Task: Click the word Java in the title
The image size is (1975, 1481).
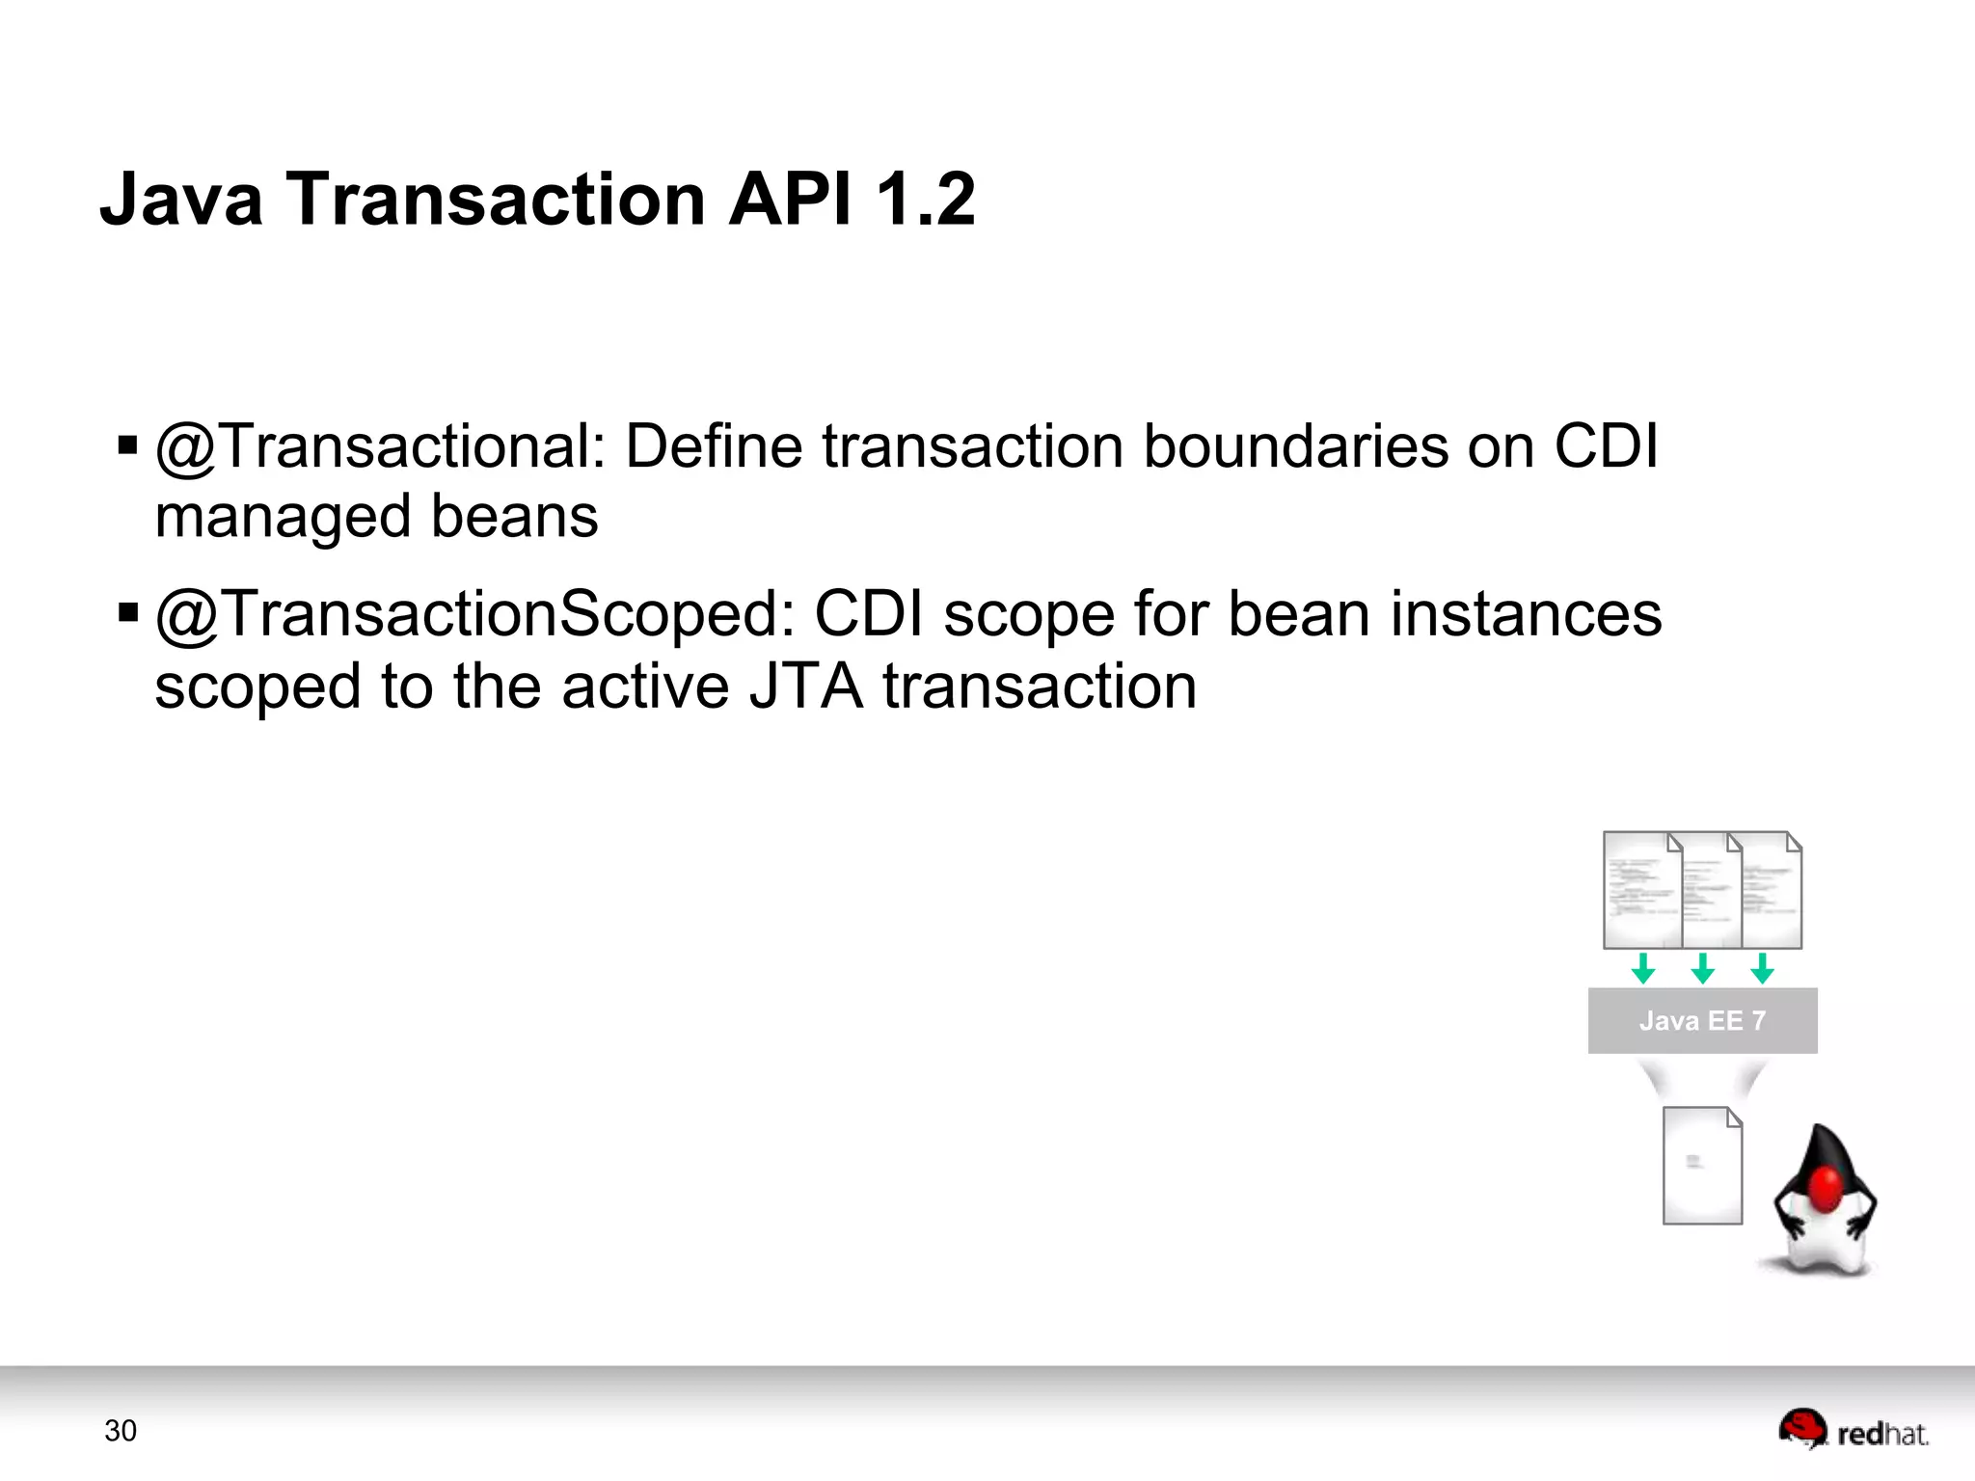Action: point(181,200)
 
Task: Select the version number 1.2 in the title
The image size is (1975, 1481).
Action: point(925,200)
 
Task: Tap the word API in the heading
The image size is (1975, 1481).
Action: point(790,200)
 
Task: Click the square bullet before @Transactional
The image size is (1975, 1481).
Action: point(127,445)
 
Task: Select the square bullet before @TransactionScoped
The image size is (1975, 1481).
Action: point(127,613)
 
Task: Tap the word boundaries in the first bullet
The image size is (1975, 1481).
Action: point(1296,446)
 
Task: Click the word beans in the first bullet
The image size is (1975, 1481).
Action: point(514,517)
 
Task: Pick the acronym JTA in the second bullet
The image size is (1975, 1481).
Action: point(806,687)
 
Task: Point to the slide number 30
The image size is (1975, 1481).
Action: point(121,1431)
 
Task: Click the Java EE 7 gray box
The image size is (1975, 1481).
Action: point(1702,1020)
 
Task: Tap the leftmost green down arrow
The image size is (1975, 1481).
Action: point(1643,968)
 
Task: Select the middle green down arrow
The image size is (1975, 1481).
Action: point(1703,968)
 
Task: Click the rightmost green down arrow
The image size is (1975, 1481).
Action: point(1762,968)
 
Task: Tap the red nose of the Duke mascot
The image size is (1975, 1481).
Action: point(1826,1188)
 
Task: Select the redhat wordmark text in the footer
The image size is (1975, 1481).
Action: point(1882,1435)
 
